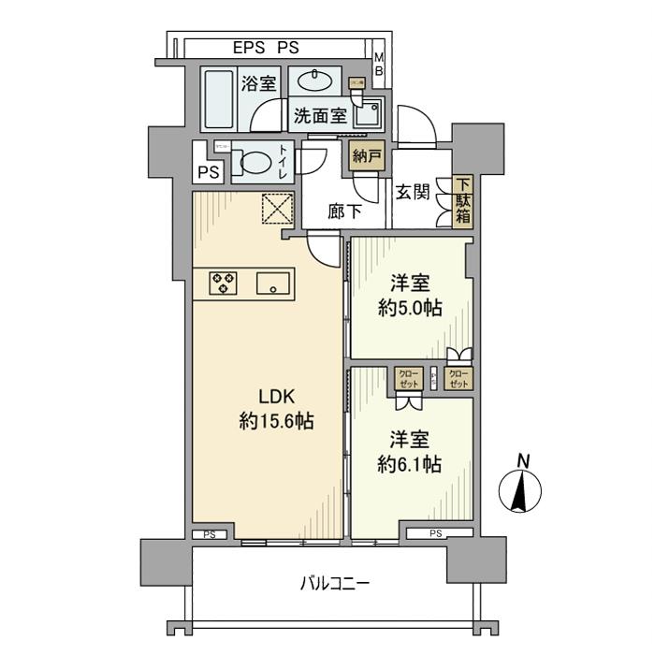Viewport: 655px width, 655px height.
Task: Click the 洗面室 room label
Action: point(320,116)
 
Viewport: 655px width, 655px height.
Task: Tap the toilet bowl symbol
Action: point(253,163)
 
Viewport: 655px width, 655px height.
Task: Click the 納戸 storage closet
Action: point(366,155)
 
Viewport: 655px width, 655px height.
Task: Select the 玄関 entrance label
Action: point(413,193)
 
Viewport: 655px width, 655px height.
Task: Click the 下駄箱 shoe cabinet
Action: point(463,201)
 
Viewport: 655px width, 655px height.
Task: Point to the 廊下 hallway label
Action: point(344,212)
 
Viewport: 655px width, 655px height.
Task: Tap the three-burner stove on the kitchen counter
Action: point(224,283)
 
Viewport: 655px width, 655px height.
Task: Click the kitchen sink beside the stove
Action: point(275,283)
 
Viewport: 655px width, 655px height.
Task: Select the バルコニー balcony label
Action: point(335,584)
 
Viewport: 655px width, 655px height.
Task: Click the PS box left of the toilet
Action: point(208,172)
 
